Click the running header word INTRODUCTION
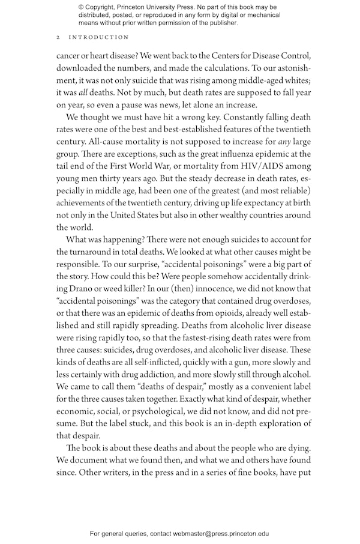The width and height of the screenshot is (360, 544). click(x=99, y=37)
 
